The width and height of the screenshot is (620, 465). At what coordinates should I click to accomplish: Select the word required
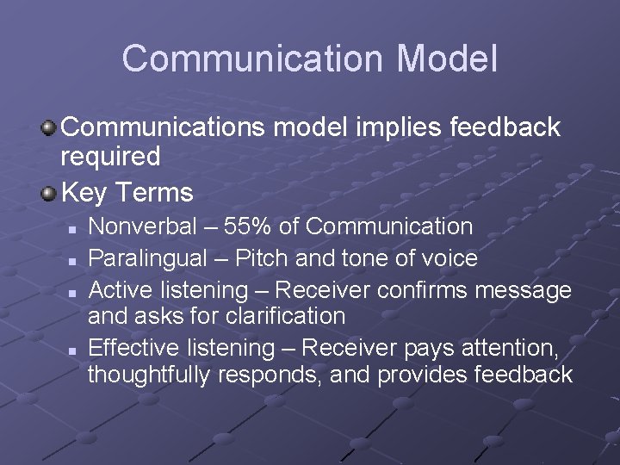tap(110, 157)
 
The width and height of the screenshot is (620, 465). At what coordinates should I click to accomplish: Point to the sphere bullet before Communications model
tap(48, 127)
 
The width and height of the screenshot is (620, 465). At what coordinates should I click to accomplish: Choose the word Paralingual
tap(148, 258)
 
